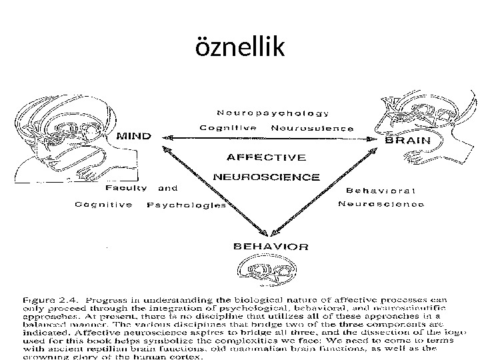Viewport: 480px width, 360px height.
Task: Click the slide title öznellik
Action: (239, 47)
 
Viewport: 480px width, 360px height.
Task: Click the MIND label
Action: (134, 136)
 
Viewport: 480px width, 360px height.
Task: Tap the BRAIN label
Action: (408, 141)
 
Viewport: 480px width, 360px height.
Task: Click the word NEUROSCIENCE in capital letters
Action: (267, 177)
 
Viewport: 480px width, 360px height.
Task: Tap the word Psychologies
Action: (186, 205)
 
